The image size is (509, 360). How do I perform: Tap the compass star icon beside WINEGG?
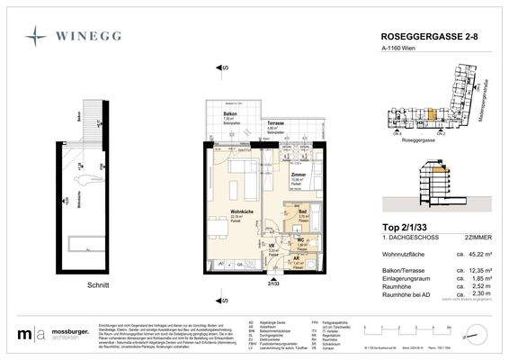coord(37,36)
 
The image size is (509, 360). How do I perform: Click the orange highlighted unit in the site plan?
coord(439,168)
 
